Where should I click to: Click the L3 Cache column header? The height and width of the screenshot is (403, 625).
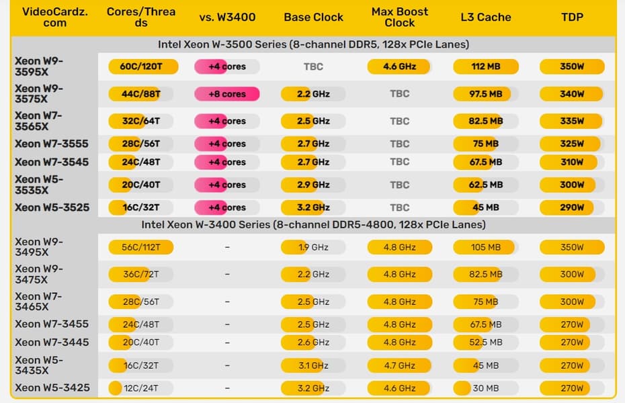(485, 17)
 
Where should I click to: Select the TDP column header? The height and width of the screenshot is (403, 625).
(572, 17)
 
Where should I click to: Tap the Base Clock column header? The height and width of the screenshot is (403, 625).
(313, 17)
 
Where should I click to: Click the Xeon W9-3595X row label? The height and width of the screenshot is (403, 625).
(39, 66)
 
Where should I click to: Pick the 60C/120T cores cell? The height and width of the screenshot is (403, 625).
(141, 66)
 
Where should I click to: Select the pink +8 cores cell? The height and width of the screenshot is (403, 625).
(227, 94)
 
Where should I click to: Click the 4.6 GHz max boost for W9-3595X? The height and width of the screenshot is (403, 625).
(399, 66)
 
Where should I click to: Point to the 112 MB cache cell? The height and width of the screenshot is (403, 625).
(485, 66)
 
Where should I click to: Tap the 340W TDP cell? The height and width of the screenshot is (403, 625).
(572, 94)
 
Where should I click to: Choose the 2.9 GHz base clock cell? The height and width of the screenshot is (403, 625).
(313, 185)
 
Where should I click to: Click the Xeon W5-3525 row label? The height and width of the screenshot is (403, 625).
(52, 208)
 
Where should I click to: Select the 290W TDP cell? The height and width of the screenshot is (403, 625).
(572, 208)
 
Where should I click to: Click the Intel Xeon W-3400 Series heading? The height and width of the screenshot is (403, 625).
(313, 224)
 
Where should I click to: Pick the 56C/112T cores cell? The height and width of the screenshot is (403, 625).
(141, 247)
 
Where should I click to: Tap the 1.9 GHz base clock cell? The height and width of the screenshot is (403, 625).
(313, 247)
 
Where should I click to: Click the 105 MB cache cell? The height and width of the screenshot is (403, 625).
(485, 247)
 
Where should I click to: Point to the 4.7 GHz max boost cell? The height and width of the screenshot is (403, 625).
(399, 365)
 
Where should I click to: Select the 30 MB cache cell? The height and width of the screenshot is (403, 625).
(485, 388)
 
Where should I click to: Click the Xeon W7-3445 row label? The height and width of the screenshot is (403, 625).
(52, 343)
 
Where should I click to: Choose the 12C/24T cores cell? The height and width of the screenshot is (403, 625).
(141, 388)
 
